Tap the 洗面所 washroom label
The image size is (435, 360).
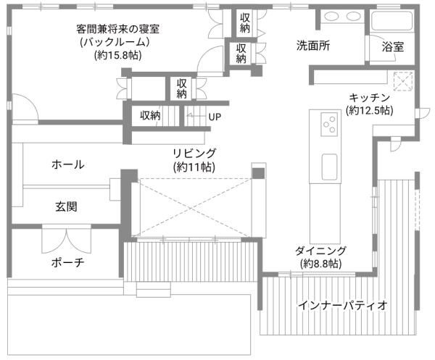tap(313, 45)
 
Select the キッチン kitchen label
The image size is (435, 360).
tap(369, 98)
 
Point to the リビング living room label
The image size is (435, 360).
tap(194, 153)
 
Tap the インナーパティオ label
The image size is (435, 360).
tap(342, 305)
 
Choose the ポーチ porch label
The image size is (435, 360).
tap(68, 262)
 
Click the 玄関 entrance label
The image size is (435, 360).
tap(67, 206)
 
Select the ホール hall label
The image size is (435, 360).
tap(67, 164)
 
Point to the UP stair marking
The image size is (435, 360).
tap(215, 116)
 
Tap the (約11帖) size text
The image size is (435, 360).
tap(194, 167)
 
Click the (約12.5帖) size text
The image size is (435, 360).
tap(370, 111)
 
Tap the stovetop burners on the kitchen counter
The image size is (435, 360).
tap(329, 125)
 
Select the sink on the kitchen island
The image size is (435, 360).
tap(330, 165)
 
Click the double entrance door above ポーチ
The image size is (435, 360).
tap(67, 238)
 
